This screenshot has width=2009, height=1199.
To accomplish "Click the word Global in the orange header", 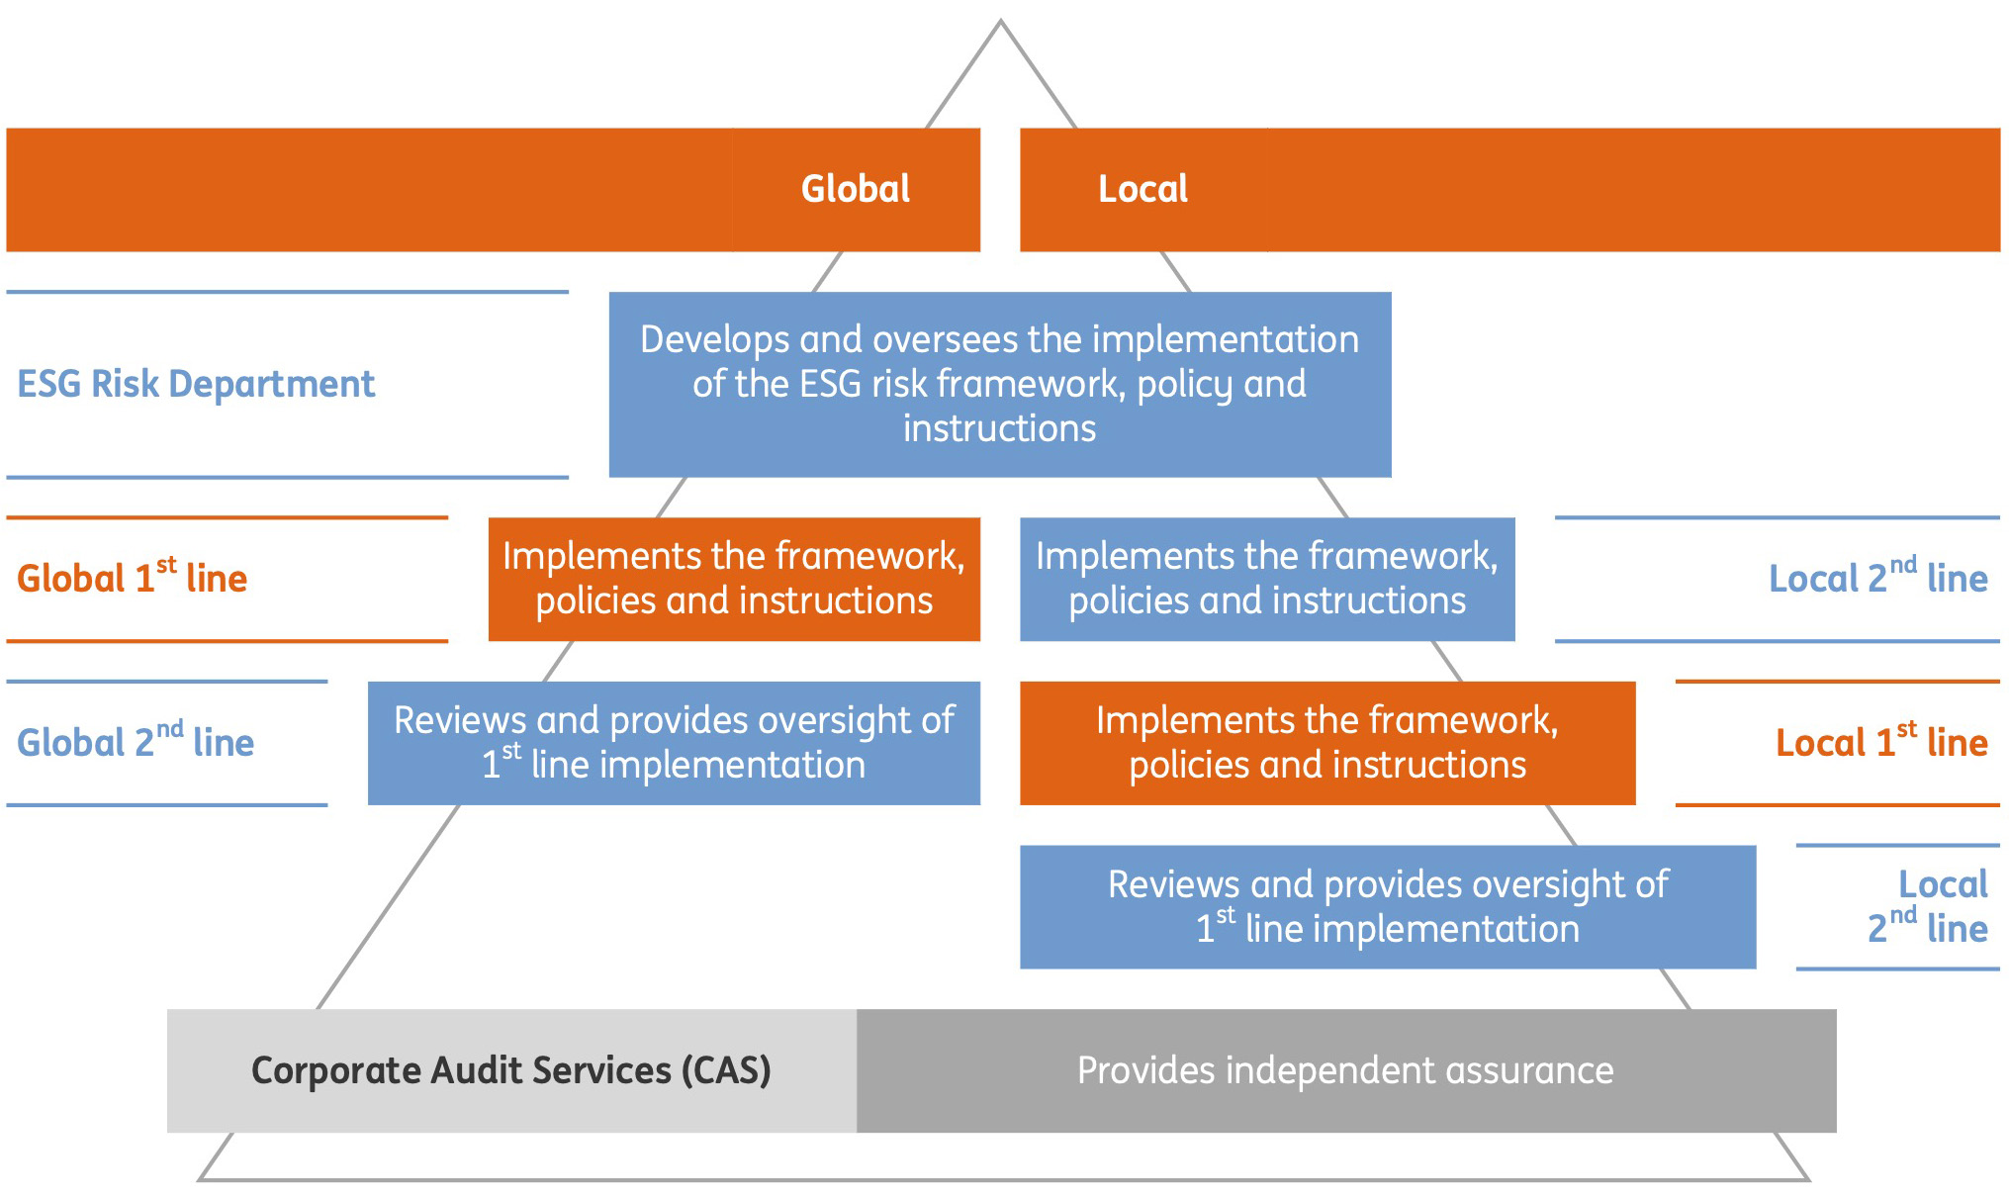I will pos(855,189).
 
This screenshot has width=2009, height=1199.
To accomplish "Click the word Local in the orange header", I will pos(1142,189).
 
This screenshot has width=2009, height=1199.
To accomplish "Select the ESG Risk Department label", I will pos(196,384).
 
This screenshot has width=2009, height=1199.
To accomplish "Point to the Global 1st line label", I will pos(132,578).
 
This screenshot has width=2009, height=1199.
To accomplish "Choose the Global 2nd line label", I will pos(136,742).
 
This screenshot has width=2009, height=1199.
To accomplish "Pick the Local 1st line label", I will pos(1880,742).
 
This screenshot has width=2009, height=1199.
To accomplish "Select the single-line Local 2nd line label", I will pos(1877,578).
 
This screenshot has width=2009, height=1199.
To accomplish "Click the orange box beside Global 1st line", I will pos(734,579).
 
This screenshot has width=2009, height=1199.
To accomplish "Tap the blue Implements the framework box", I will pos(1267,579).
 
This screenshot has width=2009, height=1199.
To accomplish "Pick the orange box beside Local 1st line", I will pos(1327,743).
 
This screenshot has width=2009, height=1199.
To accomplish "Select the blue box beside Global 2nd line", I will pos(674,743).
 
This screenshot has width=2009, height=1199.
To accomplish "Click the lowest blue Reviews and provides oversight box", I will pos(1388,906).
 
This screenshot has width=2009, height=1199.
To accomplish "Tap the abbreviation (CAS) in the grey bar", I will pos(726,1070).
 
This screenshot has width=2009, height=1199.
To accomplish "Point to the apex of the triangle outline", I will pos(1000,22).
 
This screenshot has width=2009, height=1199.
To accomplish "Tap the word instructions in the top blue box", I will pos(999,428).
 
